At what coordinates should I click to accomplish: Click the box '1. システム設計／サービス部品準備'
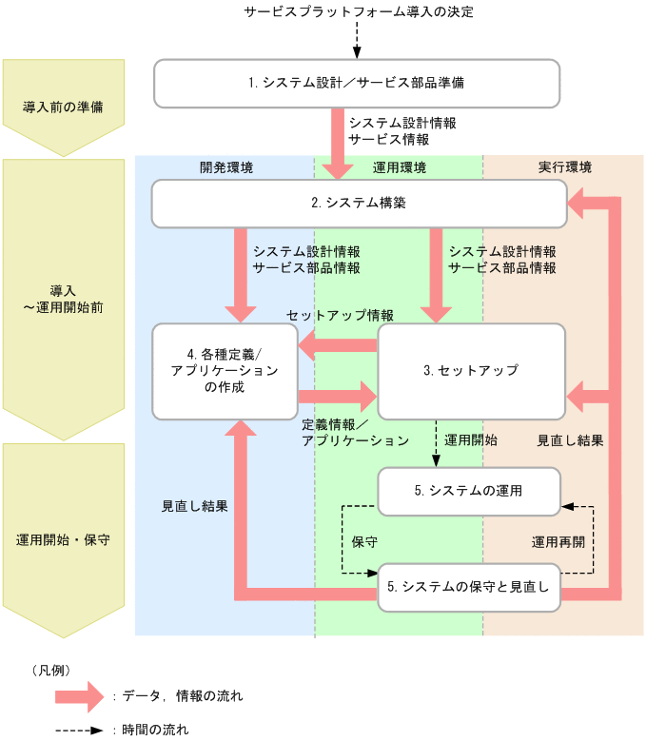pyautogui.click(x=357, y=84)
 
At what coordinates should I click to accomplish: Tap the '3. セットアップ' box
pyautogui.click(x=471, y=370)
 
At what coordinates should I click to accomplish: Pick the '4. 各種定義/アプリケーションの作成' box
pyautogui.click(x=225, y=371)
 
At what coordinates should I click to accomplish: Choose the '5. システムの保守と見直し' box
pyautogui.click(x=469, y=587)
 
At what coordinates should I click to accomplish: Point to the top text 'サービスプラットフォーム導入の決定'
pyautogui.click(x=359, y=12)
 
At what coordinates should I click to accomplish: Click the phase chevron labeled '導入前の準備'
pyautogui.click(x=63, y=107)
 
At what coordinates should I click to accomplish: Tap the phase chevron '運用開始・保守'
pyautogui.click(x=63, y=539)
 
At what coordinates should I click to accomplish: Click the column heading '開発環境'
pyautogui.click(x=226, y=167)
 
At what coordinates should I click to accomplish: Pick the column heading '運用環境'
pyautogui.click(x=399, y=167)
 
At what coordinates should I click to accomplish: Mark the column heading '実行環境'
pyautogui.click(x=564, y=167)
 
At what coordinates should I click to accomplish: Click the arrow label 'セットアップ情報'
pyautogui.click(x=340, y=315)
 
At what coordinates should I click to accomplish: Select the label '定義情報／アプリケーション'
pyautogui.click(x=355, y=433)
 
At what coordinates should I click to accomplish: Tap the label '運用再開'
pyautogui.click(x=558, y=541)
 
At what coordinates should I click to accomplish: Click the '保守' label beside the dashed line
pyautogui.click(x=364, y=541)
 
